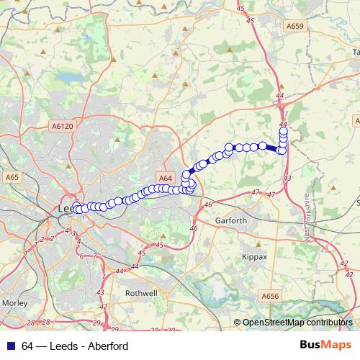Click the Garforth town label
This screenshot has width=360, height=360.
(230, 220)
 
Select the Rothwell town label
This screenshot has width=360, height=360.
(141, 293)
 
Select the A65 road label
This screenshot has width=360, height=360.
(12, 177)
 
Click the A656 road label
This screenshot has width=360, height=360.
(270, 295)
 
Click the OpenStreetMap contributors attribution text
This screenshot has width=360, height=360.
(297, 323)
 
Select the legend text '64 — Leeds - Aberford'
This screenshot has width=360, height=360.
(75, 346)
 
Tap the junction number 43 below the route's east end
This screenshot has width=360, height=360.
(287, 177)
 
